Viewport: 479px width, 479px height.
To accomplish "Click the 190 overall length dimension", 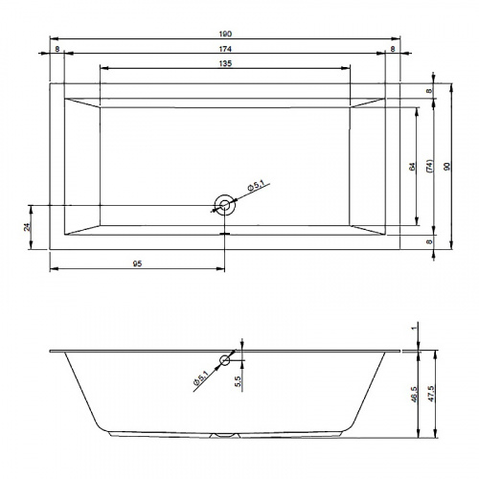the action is click(x=225, y=34).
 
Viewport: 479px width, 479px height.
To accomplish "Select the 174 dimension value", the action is click(x=225, y=49).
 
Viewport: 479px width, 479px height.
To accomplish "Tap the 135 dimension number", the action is click(x=225, y=63).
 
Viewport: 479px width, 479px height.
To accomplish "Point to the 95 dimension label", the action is click(x=137, y=263).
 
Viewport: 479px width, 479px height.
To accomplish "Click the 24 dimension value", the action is click(x=28, y=227).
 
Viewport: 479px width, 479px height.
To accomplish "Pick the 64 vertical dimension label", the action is click(x=413, y=167).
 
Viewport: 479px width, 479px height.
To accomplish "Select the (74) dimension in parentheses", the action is click(x=430, y=167).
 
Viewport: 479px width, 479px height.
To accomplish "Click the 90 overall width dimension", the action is click(x=447, y=167).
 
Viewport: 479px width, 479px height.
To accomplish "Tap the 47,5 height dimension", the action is click(x=431, y=394).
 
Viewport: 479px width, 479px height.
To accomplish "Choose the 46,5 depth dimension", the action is click(x=414, y=394).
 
